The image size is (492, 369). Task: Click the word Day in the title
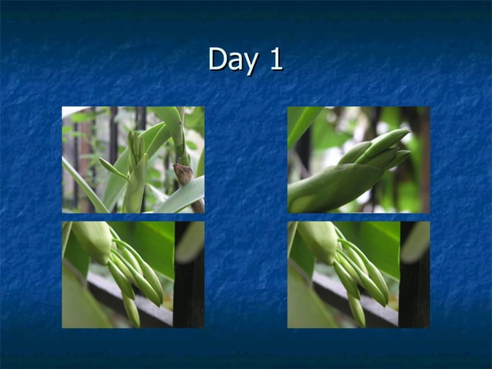coord(231,60)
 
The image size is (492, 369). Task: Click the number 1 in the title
coord(275,59)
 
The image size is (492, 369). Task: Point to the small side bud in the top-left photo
coord(113,169)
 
